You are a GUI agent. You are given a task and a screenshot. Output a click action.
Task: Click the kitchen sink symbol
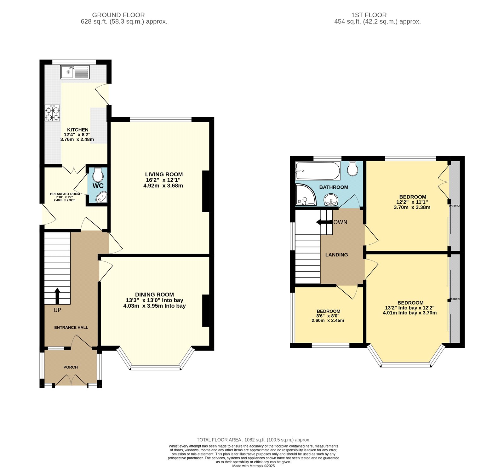[x=75, y=72]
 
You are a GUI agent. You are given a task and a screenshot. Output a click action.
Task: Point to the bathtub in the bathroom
[x=318, y=171]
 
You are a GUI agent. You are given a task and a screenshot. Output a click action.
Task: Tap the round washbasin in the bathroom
[x=331, y=199]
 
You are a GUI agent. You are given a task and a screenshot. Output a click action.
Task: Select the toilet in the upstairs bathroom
[x=352, y=169]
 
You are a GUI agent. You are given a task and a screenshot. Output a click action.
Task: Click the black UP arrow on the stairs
[x=57, y=296]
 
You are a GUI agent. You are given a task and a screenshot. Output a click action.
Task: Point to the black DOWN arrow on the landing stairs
[x=323, y=222]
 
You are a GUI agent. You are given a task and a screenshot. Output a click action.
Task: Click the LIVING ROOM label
[x=164, y=174]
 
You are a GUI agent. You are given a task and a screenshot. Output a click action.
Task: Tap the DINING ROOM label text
[x=154, y=295]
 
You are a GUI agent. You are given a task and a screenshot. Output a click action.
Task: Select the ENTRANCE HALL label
[x=71, y=328]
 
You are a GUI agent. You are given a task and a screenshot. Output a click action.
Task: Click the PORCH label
[x=71, y=367]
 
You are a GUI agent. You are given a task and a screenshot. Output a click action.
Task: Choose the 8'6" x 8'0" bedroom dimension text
[x=328, y=316]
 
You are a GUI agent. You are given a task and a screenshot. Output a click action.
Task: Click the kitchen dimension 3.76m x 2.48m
[x=77, y=140]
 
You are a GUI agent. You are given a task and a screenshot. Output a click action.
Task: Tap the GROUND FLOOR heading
[x=118, y=15]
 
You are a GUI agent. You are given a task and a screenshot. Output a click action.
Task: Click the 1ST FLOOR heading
[x=369, y=15]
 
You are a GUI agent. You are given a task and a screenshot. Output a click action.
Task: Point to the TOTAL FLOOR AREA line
[x=253, y=440]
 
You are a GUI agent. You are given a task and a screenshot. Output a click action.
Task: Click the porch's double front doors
[x=71, y=380]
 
